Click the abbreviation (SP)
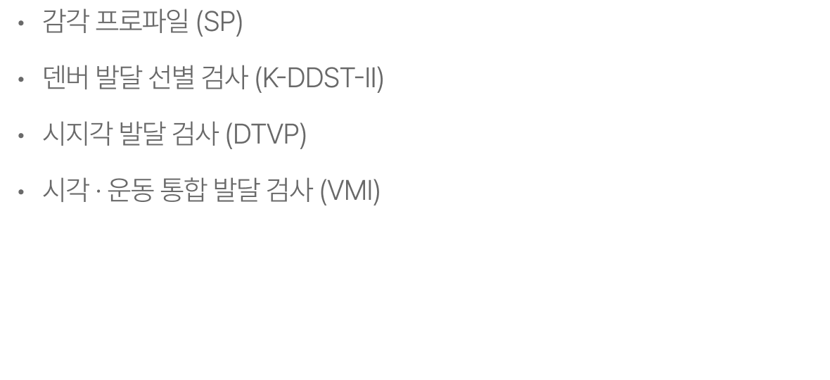point(219,23)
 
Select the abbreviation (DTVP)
point(266,134)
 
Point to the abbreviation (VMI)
point(350,190)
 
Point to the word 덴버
point(65,79)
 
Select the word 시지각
point(77,134)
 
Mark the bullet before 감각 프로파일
point(21,25)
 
